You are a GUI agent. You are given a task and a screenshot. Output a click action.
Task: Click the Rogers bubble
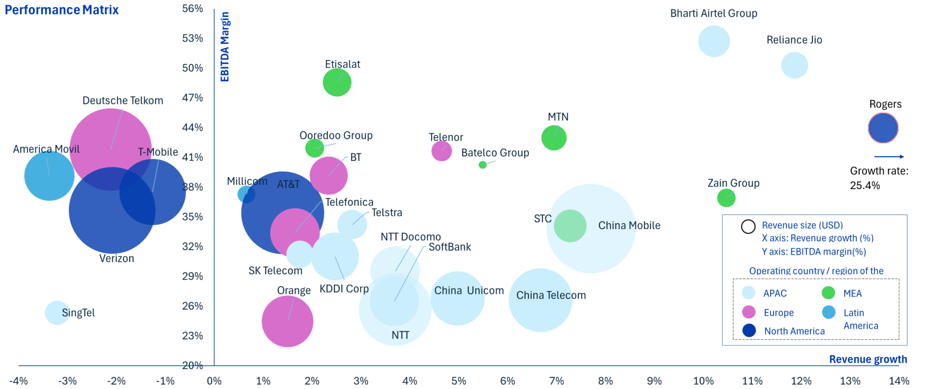883,128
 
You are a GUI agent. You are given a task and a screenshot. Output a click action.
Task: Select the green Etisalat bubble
337,82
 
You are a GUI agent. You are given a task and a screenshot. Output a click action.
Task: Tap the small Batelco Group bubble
483,165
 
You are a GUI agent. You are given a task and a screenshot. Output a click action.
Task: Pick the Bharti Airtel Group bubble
714,42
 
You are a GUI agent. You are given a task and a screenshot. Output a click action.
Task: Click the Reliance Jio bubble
794,65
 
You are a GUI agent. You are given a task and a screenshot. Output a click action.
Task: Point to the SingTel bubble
57,313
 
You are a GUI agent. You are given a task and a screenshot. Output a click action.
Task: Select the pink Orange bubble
287,321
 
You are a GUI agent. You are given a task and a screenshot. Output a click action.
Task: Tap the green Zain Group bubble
726,198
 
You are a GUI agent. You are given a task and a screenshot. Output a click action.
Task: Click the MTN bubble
554,138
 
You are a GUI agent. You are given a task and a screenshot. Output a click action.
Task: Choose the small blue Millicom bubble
246,194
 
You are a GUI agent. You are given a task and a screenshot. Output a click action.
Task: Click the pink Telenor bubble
442,151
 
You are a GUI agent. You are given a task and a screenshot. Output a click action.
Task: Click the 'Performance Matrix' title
62,10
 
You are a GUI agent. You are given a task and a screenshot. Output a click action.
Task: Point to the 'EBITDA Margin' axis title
225,47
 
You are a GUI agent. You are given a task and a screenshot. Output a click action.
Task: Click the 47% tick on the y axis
192,98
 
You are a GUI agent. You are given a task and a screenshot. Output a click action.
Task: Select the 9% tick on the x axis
654,381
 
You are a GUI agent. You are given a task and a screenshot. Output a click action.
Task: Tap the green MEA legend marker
828,293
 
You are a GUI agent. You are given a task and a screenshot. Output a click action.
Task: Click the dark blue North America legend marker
749,330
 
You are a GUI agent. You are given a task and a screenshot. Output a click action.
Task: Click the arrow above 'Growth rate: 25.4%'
889,157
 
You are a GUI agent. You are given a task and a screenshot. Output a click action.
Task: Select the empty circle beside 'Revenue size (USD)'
748,227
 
